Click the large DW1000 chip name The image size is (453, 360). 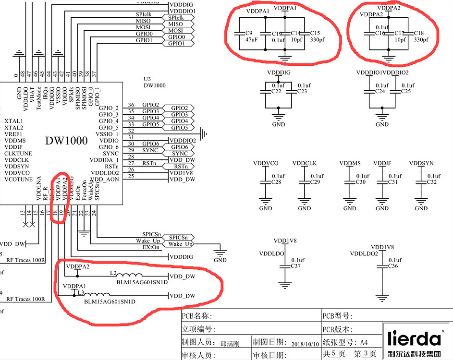pos(66,141)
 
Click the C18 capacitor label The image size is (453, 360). pos(418,33)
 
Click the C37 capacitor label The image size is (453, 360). pos(296,265)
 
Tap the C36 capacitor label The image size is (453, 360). pos(393,265)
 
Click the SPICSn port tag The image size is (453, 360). pos(178,238)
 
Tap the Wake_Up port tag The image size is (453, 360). pos(178,244)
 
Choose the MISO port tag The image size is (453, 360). pos(176,24)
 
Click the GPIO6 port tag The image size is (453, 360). pos(179,147)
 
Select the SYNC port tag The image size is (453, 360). pos(179,154)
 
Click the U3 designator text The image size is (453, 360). pos(147,79)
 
